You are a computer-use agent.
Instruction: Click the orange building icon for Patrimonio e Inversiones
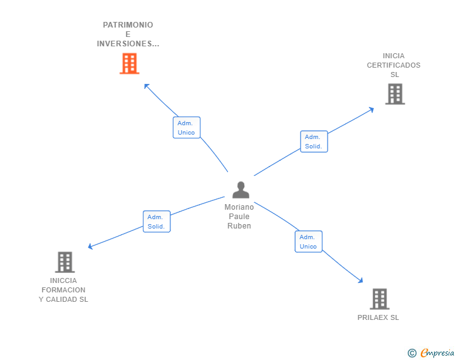(x=129, y=64)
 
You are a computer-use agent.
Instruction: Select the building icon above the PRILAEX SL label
(x=380, y=299)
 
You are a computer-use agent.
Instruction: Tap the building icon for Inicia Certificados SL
(x=395, y=94)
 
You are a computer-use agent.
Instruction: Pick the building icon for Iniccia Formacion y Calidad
(x=65, y=262)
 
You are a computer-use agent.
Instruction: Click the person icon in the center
(x=241, y=190)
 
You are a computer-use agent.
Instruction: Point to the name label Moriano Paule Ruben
(x=239, y=217)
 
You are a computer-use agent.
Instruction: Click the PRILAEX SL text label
(x=378, y=317)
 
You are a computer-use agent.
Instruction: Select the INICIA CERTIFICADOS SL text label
(x=394, y=65)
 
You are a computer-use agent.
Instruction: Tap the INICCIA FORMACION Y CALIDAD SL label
(x=63, y=290)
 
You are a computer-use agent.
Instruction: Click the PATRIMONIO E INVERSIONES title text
(x=128, y=34)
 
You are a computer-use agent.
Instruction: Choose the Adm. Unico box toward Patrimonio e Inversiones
(x=187, y=128)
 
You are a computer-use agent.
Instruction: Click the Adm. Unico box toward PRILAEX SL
(x=308, y=242)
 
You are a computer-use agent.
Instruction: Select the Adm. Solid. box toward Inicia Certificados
(x=313, y=141)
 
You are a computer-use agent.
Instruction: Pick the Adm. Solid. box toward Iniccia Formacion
(x=156, y=222)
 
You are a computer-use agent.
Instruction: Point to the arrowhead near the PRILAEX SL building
(x=360, y=280)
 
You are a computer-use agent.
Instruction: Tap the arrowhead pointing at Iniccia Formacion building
(x=91, y=247)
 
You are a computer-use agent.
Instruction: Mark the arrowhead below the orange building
(x=147, y=86)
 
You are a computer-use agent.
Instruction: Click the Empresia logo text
(x=437, y=353)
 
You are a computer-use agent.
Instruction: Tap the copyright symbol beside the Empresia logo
(x=412, y=353)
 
